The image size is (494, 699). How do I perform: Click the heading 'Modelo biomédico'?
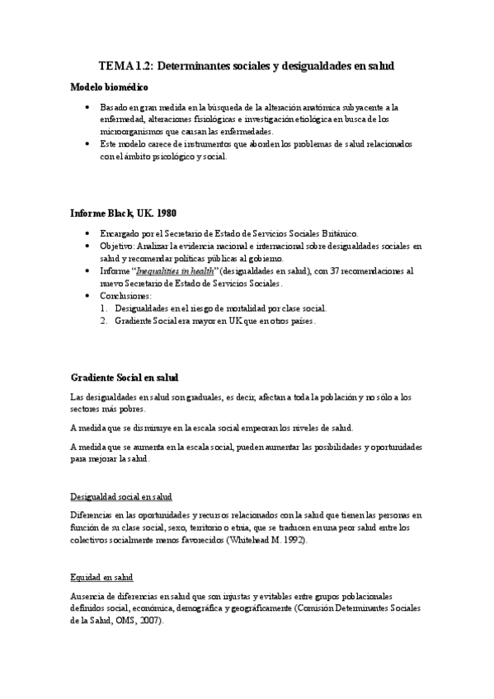(x=109, y=87)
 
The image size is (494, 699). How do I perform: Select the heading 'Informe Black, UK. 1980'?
(x=123, y=213)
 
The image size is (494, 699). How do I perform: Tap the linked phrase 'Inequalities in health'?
(x=181, y=270)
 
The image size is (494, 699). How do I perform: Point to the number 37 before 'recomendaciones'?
(x=321, y=270)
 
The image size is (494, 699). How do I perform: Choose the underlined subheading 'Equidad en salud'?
(x=101, y=577)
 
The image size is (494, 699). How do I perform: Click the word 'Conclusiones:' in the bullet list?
(x=126, y=295)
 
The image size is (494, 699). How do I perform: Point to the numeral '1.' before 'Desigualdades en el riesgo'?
(x=104, y=307)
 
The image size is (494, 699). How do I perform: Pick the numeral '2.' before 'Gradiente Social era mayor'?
(x=104, y=321)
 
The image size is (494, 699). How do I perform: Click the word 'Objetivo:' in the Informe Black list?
(x=117, y=246)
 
